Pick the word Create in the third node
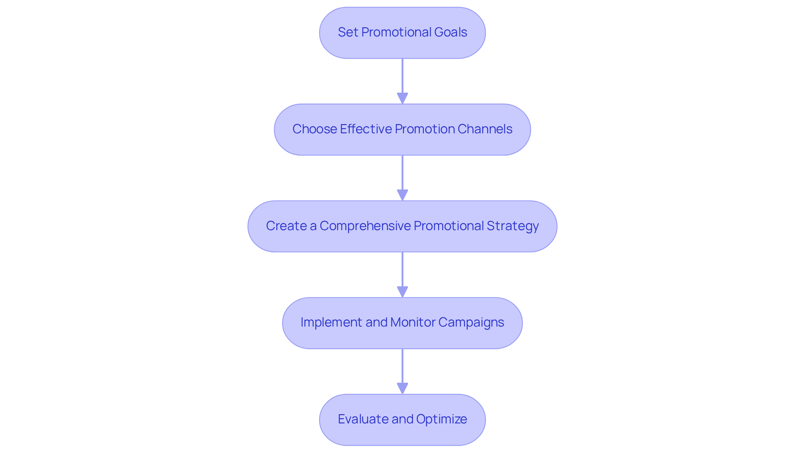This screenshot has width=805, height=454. tap(286, 226)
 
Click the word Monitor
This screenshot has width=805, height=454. tap(413, 322)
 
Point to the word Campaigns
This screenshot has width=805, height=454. tap(471, 322)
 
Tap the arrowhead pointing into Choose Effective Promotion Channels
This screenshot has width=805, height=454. tap(402, 99)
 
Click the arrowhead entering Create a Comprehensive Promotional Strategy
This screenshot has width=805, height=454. tap(402, 195)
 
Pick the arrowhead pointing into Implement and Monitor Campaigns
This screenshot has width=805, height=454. tap(402, 292)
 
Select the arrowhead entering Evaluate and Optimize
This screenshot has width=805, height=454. tap(402, 389)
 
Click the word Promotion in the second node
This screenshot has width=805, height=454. tap(424, 129)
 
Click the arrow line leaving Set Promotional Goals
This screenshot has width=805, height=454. tap(402, 75)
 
